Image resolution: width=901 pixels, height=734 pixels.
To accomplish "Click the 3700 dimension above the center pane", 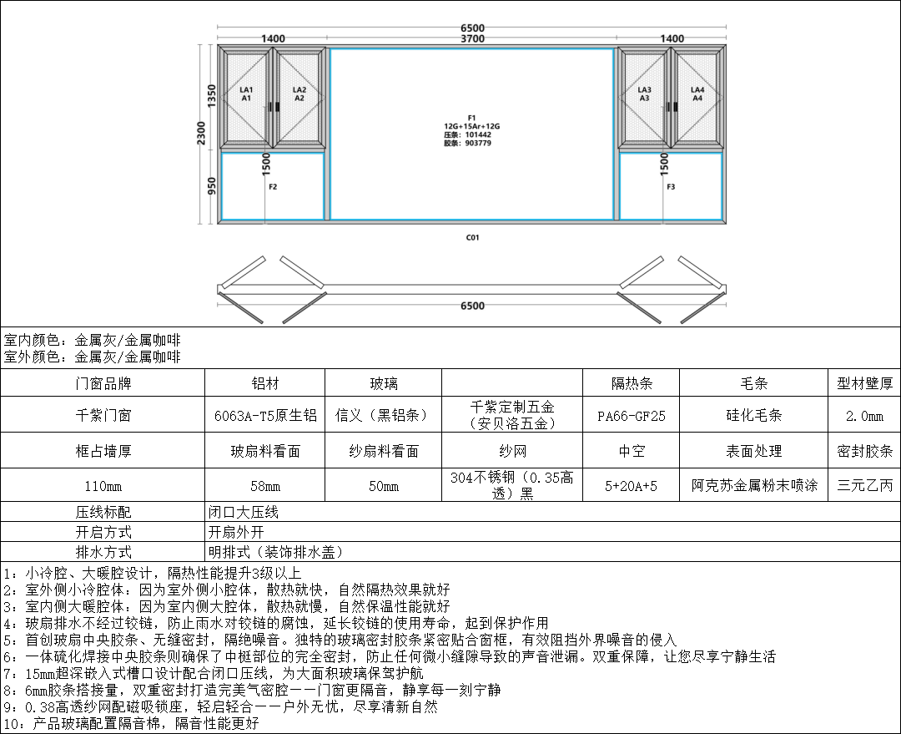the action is [x=472, y=38].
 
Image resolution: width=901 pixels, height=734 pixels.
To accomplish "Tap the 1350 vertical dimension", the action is [x=212, y=96].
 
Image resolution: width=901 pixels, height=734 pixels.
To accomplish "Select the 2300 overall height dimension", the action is [x=201, y=133].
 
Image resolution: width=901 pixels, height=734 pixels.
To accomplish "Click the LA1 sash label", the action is [x=246, y=90].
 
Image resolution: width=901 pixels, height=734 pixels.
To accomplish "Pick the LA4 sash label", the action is [x=697, y=90].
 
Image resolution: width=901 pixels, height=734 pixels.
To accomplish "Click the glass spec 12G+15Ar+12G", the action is [x=471, y=126].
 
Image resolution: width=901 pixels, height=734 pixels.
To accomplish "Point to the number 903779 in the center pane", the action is [x=479, y=143].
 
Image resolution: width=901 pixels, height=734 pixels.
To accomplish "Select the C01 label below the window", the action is [x=472, y=238].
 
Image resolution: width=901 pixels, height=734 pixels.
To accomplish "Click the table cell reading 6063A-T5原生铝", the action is [x=265, y=415].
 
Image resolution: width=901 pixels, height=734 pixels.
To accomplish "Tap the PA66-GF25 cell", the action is [x=632, y=415].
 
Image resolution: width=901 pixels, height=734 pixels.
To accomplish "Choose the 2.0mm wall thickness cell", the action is [x=863, y=415].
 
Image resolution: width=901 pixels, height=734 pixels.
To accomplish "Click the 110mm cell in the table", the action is [x=103, y=485].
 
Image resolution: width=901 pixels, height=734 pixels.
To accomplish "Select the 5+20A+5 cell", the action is [x=632, y=485].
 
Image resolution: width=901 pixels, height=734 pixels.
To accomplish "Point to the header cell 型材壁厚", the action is [x=863, y=383].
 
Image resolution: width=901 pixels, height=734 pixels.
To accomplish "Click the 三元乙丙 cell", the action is [x=863, y=485].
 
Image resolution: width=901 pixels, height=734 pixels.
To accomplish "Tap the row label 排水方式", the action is [x=103, y=552].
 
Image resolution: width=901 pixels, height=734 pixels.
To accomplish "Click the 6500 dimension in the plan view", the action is [x=472, y=306].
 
